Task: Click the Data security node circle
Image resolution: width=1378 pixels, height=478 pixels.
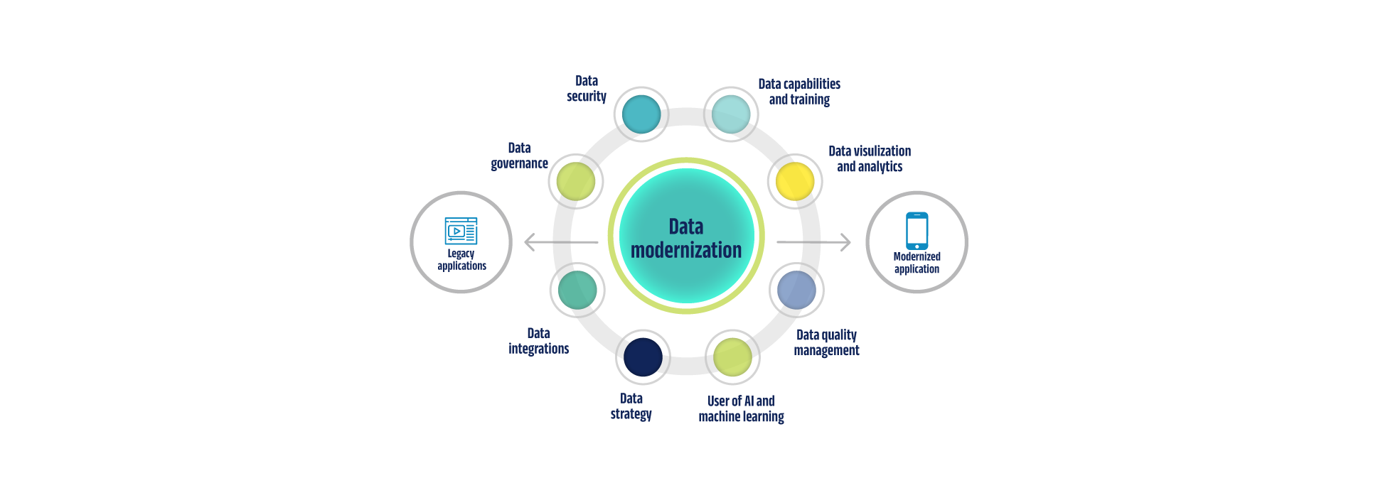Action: (x=641, y=114)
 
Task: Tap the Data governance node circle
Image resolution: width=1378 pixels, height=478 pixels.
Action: (x=576, y=181)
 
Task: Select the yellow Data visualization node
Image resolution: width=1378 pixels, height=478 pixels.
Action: (x=795, y=181)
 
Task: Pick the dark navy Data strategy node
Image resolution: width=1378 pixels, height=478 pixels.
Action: (x=643, y=357)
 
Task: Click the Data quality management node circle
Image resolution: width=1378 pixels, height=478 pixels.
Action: (x=796, y=290)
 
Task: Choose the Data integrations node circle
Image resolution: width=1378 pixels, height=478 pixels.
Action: (x=577, y=290)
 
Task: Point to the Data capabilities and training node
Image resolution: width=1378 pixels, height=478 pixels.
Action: (x=731, y=114)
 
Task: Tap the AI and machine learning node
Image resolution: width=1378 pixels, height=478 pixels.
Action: (x=732, y=357)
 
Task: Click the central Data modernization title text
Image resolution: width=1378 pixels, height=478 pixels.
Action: (x=686, y=239)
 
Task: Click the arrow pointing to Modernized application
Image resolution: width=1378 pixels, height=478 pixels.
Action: (x=813, y=242)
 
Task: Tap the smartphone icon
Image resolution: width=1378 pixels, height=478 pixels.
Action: (x=917, y=231)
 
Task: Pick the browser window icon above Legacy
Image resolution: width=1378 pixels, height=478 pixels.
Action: (x=461, y=231)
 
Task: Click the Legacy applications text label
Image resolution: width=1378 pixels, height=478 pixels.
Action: (x=461, y=260)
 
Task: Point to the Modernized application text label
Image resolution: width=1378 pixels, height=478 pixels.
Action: (x=917, y=263)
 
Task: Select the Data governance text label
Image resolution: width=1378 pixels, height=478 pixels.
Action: (x=519, y=156)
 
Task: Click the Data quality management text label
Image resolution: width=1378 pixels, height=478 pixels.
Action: (x=826, y=342)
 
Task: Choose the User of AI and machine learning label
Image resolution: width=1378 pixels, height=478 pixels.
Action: (x=741, y=408)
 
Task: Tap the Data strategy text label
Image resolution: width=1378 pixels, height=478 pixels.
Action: (x=631, y=406)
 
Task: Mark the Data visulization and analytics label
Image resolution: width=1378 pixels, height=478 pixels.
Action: (x=870, y=158)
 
